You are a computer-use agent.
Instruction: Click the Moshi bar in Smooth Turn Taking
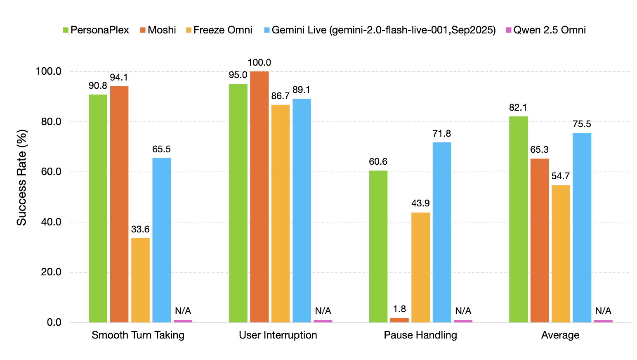(119, 204)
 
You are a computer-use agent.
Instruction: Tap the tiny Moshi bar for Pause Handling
(399, 320)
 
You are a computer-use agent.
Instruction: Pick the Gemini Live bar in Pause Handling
(442, 232)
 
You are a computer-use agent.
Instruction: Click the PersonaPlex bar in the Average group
(518, 219)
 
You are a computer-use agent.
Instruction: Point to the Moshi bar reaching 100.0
(259, 197)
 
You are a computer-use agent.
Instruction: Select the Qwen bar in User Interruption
(323, 321)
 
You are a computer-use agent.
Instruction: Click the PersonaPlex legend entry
(96, 30)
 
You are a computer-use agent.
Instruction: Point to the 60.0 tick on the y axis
(49, 172)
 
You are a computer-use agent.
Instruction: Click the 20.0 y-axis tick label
(49, 272)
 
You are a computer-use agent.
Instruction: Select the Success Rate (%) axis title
(21, 178)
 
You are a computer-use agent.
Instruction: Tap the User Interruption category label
(278, 335)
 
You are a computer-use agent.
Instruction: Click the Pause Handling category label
(420, 335)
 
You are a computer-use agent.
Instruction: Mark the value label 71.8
(442, 134)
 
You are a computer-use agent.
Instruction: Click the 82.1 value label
(518, 108)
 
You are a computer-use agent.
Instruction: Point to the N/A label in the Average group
(603, 311)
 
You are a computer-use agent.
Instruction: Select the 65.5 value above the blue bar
(161, 149)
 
